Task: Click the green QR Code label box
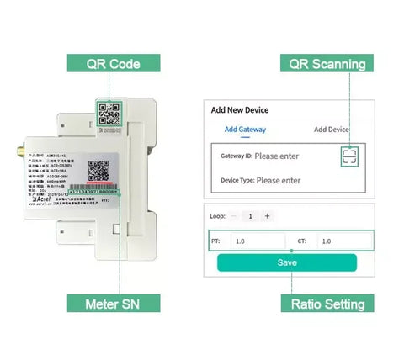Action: (x=113, y=63)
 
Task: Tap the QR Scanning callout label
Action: (x=327, y=63)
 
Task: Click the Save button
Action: (x=287, y=262)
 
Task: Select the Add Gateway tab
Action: (x=245, y=130)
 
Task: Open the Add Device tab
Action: (x=332, y=130)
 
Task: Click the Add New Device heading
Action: (x=239, y=109)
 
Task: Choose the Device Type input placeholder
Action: (x=279, y=180)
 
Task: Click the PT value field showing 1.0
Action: (x=257, y=241)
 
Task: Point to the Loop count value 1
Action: (x=250, y=216)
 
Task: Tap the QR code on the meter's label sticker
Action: (x=99, y=170)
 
